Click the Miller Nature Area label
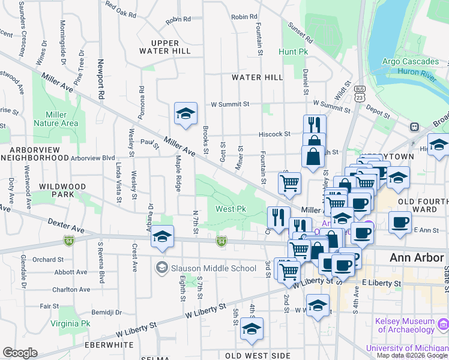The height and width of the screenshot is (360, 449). (x=62, y=119)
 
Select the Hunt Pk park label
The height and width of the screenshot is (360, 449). (x=293, y=52)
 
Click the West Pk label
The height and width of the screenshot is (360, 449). (x=231, y=209)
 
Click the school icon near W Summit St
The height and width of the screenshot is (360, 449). (x=186, y=114)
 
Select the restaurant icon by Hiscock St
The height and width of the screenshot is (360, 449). (x=315, y=125)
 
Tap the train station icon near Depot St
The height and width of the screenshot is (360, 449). (x=414, y=127)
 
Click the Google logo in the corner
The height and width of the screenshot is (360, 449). (x=20, y=353)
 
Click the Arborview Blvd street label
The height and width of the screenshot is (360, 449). (x=92, y=158)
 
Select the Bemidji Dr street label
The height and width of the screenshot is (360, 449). (x=106, y=313)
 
